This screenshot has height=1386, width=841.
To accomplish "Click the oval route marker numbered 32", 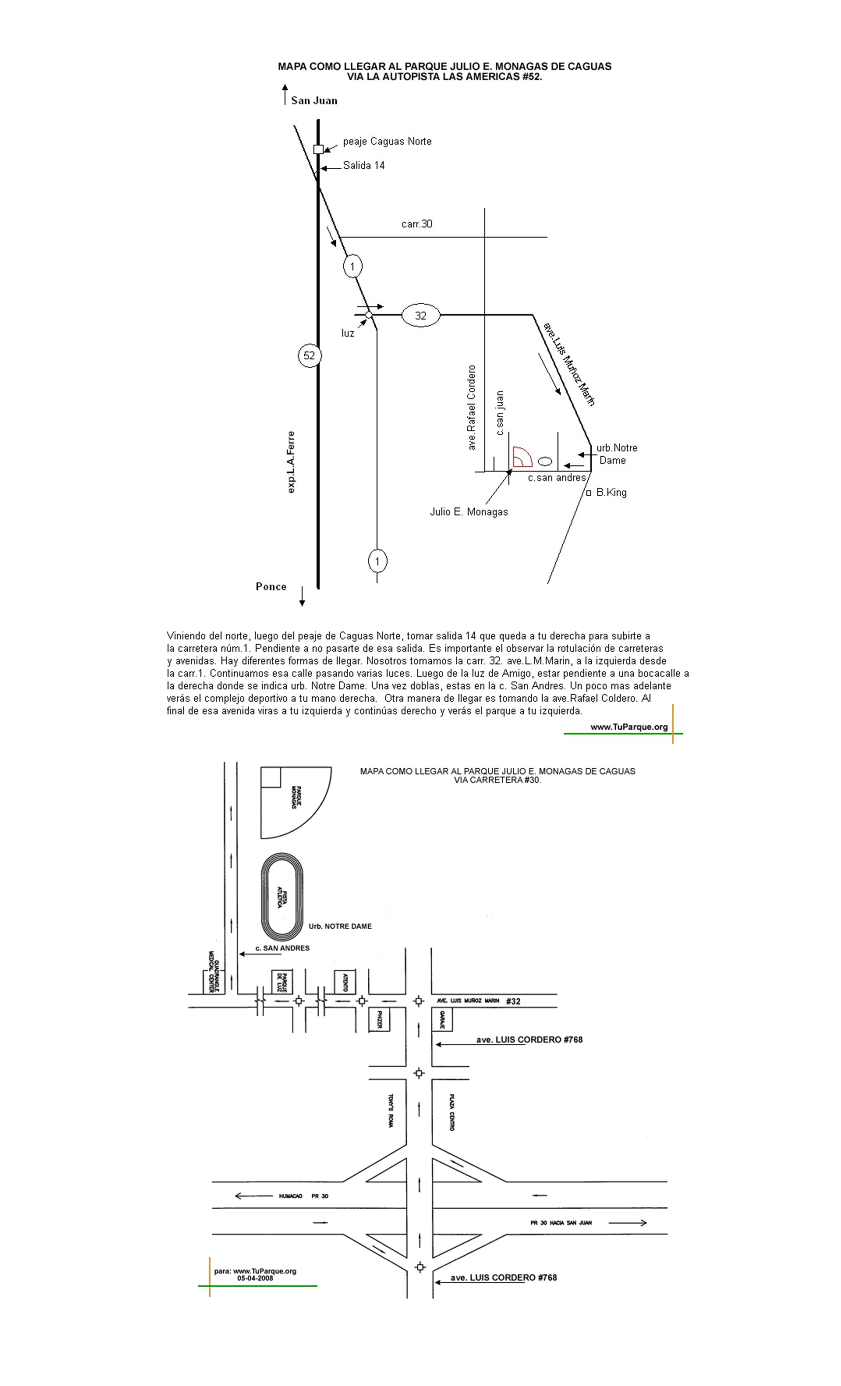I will pyautogui.click(x=421, y=315).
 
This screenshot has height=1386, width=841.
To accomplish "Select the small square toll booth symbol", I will pyautogui.click(x=318, y=149).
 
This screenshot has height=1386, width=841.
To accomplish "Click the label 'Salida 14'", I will pyautogui.click(x=364, y=165).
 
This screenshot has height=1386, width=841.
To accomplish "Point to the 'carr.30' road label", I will pyautogui.click(x=417, y=224).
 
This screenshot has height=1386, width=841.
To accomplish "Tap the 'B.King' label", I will pyautogui.click(x=611, y=492).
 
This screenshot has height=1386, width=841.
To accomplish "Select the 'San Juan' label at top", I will pyautogui.click(x=314, y=101).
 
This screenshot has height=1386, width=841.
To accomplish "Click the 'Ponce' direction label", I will pyautogui.click(x=271, y=587).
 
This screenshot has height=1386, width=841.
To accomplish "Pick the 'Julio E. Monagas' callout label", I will pyautogui.click(x=469, y=512).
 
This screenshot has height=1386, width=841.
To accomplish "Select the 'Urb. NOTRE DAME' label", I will pyautogui.click(x=340, y=926).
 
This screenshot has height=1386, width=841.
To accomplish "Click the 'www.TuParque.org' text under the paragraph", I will pyautogui.click(x=629, y=727).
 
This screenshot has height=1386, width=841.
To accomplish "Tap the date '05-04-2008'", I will pyautogui.click(x=255, y=1278).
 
